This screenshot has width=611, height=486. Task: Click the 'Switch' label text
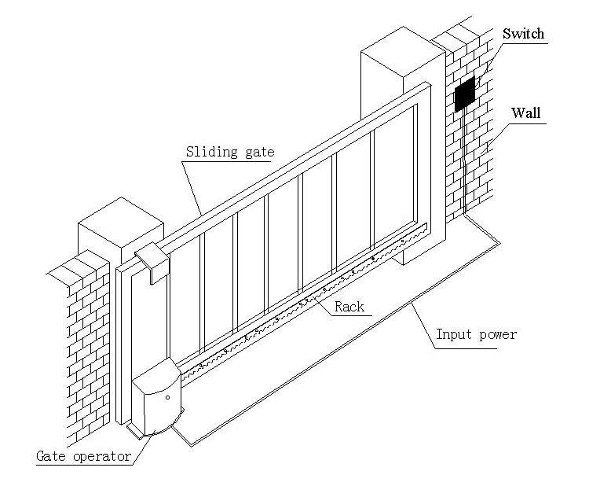tap(523, 34)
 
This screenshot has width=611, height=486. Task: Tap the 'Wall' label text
tap(525, 112)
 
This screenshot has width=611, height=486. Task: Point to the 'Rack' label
tap(349, 307)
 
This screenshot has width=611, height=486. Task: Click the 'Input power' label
tap(477, 334)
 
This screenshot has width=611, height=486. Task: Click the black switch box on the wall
tap(465, 94)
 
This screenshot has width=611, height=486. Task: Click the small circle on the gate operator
tap(167, 398)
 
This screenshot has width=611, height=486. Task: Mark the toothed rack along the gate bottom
tap(314, 299)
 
